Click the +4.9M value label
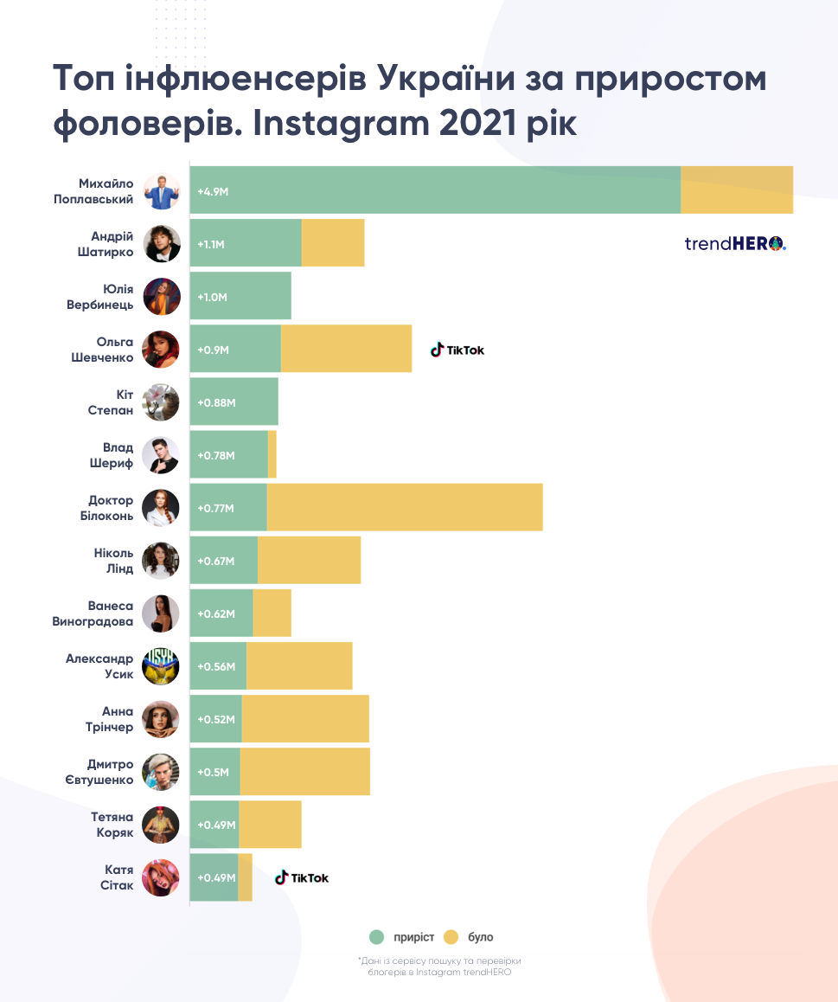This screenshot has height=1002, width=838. (213, 190)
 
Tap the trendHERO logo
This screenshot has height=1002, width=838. (735, 243)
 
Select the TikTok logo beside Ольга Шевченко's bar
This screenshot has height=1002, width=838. (458, 350)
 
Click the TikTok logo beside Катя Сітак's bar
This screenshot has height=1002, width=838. (302, 877)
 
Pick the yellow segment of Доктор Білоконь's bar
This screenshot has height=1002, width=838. (405, 507)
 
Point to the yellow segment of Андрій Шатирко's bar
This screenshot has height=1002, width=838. (333, 243)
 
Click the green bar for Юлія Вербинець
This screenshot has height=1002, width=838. (240, 297)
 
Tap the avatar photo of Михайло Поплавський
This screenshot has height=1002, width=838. (161, 190)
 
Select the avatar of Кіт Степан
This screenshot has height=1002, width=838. (161, 402)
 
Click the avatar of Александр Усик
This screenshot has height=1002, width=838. (161, 665)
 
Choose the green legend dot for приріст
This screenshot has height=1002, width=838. (376, 937)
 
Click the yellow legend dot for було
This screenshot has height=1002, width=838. (451, 937)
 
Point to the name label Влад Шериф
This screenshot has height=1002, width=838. (112, 455)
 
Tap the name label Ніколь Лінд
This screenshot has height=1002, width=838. (113, 561)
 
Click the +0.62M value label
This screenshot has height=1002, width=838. (216, 613)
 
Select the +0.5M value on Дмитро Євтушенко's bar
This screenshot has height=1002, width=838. (213, 772)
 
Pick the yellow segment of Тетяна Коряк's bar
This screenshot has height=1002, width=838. (270, 825)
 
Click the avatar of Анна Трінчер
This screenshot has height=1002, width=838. (161, 719)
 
